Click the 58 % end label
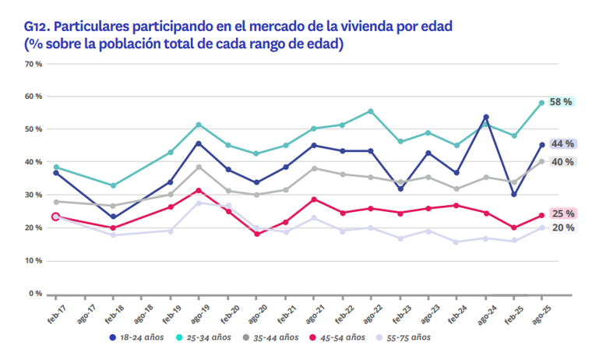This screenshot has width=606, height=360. pos(562,102)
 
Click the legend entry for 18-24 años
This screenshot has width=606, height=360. pos(137,337)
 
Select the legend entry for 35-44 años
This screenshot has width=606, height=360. pos(276,337)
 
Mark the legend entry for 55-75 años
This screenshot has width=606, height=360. pos(408,337)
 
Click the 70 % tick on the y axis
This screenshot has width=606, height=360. pos(33,64)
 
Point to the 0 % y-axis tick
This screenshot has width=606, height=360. pos(36,294)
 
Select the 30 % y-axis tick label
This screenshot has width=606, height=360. pos(33,196)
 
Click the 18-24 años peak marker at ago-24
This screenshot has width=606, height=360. pos(486,117)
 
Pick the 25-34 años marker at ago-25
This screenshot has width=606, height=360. pos(541,103)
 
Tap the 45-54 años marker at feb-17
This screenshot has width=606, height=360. pos(55,217)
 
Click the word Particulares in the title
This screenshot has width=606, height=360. pos(86,26)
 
